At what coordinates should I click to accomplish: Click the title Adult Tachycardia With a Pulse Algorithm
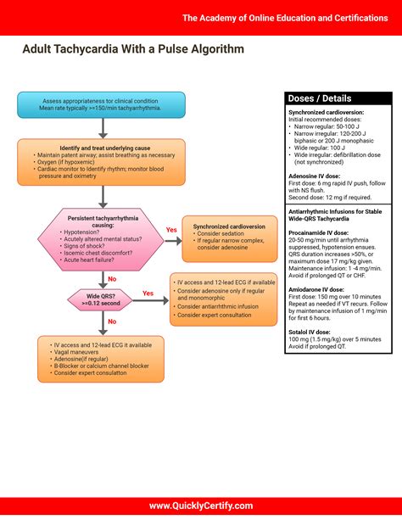pos(133,49)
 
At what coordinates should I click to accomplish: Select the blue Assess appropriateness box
pos(101,104)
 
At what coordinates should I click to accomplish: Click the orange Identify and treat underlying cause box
pos(101,161)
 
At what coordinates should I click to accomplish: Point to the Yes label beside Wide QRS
pos(148,294)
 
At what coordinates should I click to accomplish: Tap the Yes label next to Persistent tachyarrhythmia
pos(170,230)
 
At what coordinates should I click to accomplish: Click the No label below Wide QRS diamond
pos(112,322)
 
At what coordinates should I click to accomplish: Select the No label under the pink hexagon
pos(112,277)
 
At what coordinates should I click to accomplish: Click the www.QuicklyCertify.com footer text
pos(201,506)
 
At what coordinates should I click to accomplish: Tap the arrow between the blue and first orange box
pos(102,127)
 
